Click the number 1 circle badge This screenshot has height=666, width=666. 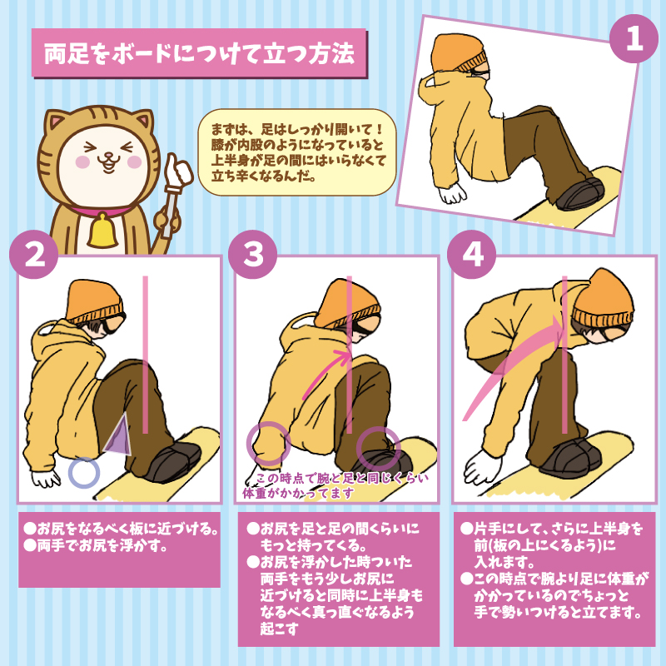tap(634, 39)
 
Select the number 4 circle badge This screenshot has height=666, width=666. tap(472, 255)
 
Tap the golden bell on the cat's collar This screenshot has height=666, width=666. tap(102, 232)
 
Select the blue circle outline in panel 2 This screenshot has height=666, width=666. tap(84, 472)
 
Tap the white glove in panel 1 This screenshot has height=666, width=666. tap(453, 194)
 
